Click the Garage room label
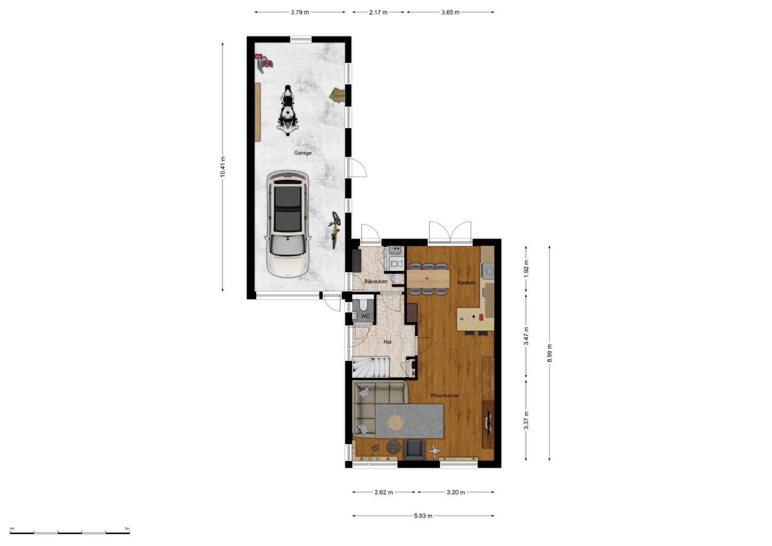pos(303,153)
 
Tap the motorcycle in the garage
pos(288,110)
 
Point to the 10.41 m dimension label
pos(222,167)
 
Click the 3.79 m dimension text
pos(300,13)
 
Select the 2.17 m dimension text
pos(378,13)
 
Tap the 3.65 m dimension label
pos(450,13)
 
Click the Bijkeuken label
pos(376,281)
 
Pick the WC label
pos(366,316)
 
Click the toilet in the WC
pos(363,304)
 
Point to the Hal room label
pos(387,342)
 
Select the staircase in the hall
pos(371,367)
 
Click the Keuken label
pos(466,283)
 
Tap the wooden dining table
pos(428,279)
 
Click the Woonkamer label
pos(444,395)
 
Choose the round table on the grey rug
pos(395,422)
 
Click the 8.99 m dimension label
pos(550,353)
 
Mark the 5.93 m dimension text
pos(423,516)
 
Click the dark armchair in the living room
pos(414,450)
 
